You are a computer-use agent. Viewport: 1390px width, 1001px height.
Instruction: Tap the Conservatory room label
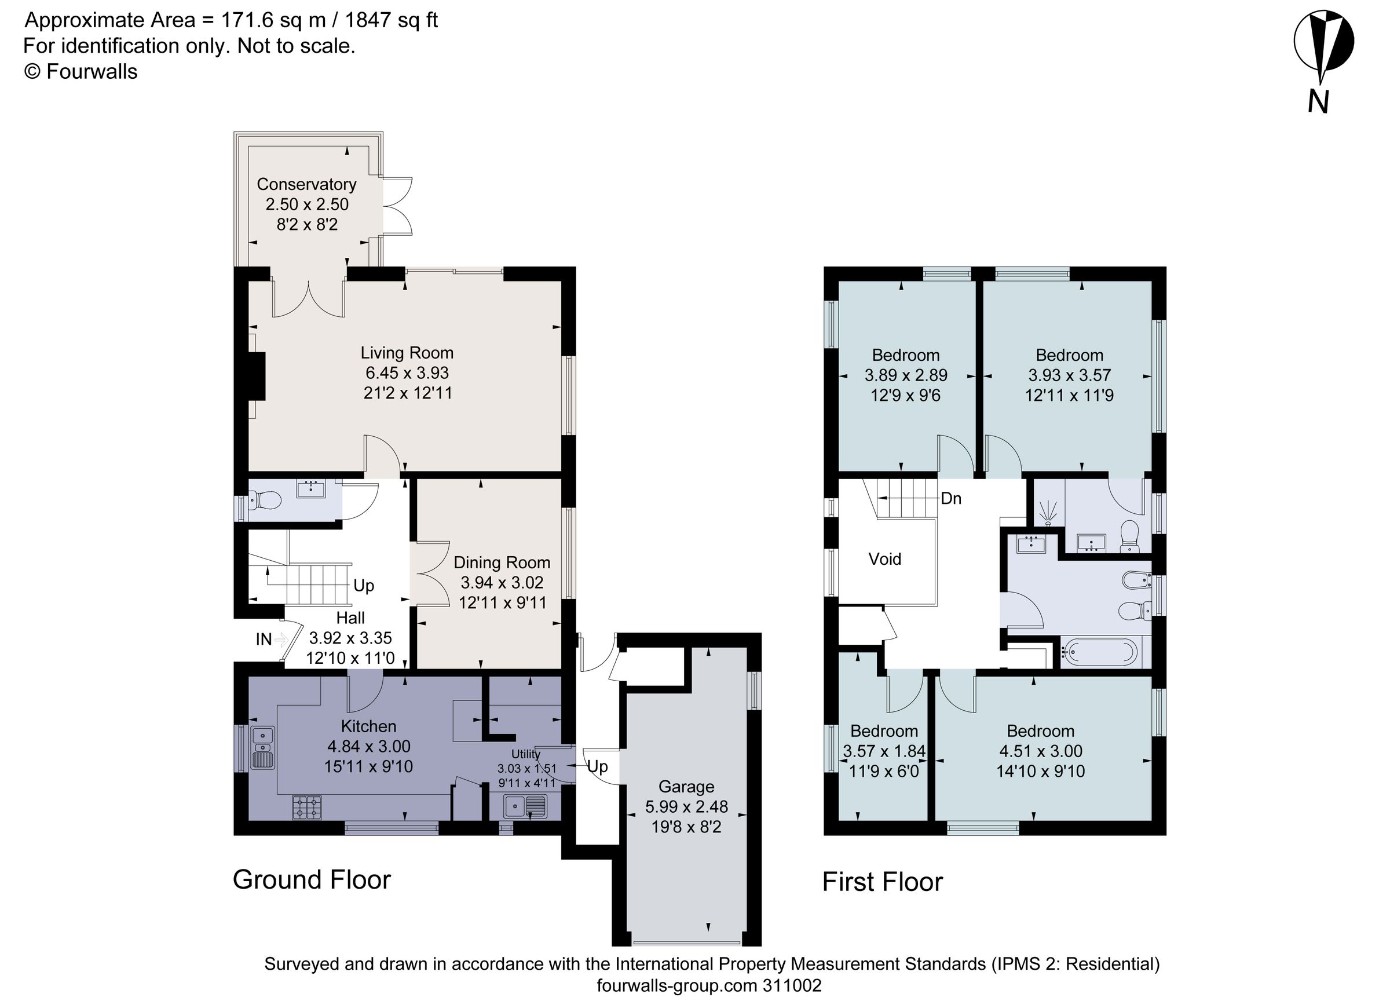pos(306,184)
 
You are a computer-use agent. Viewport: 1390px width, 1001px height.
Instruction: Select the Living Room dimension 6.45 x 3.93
pos(407,372)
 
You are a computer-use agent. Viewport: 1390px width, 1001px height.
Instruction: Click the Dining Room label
pos(502,562)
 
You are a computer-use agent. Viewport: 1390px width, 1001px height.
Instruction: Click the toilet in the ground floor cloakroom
pos(265,502)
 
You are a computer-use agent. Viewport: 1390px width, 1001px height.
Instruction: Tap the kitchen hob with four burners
pos(306,807)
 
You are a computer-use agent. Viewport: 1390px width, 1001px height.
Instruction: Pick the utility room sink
pos(525,806)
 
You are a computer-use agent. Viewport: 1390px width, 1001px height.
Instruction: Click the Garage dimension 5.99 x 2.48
pos(686,807)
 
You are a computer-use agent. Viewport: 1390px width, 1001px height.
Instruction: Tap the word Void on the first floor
pos(884,558)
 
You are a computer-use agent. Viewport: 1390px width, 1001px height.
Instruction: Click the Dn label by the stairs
pos(950,498)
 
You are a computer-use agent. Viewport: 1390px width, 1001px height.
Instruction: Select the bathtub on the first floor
pos(1099,652)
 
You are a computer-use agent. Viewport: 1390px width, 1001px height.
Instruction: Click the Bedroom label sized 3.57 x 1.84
pos(884,730)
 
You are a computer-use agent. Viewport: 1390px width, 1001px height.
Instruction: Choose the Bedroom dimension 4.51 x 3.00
pos(1040,751)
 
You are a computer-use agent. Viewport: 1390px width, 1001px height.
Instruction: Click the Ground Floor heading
pos(312,879)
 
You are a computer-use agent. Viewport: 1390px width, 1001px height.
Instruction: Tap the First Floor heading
pos(882,882)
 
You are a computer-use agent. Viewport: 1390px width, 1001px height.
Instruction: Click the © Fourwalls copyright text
pos(81,72)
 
